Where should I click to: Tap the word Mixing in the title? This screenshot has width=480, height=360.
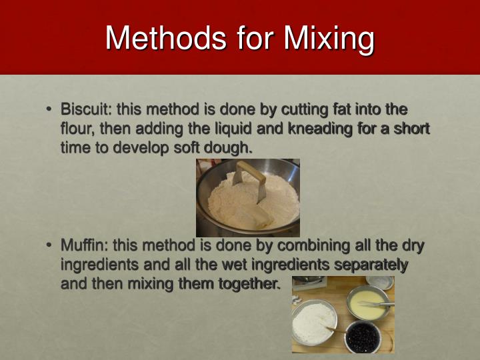tap(329, 39)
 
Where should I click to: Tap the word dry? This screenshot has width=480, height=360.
tap(411, 245)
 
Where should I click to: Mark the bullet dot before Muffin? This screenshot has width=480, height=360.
tap(49, 245)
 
